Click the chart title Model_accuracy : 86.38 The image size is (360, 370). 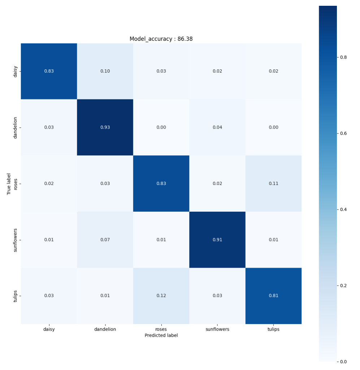click(161, 39)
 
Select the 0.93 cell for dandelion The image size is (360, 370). click(105, 127)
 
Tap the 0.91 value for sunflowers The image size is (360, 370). click(217, 240)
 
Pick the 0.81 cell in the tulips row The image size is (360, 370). click(273, 296)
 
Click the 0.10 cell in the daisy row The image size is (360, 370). click(105, 71)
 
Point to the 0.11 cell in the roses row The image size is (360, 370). click(273, 184)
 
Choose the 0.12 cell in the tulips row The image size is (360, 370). click(161, 296)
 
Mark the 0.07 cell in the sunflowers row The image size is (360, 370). click(105, 240)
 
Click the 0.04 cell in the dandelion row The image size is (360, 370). click(217, 127)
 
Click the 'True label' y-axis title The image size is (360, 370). click(9, 184)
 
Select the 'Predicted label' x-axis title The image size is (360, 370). click(161, 335)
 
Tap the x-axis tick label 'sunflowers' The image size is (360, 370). click(217, 329)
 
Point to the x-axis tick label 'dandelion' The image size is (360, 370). click(105, 329)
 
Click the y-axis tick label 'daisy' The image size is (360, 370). click(16, 71)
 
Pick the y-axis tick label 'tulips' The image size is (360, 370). click(16, 296)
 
